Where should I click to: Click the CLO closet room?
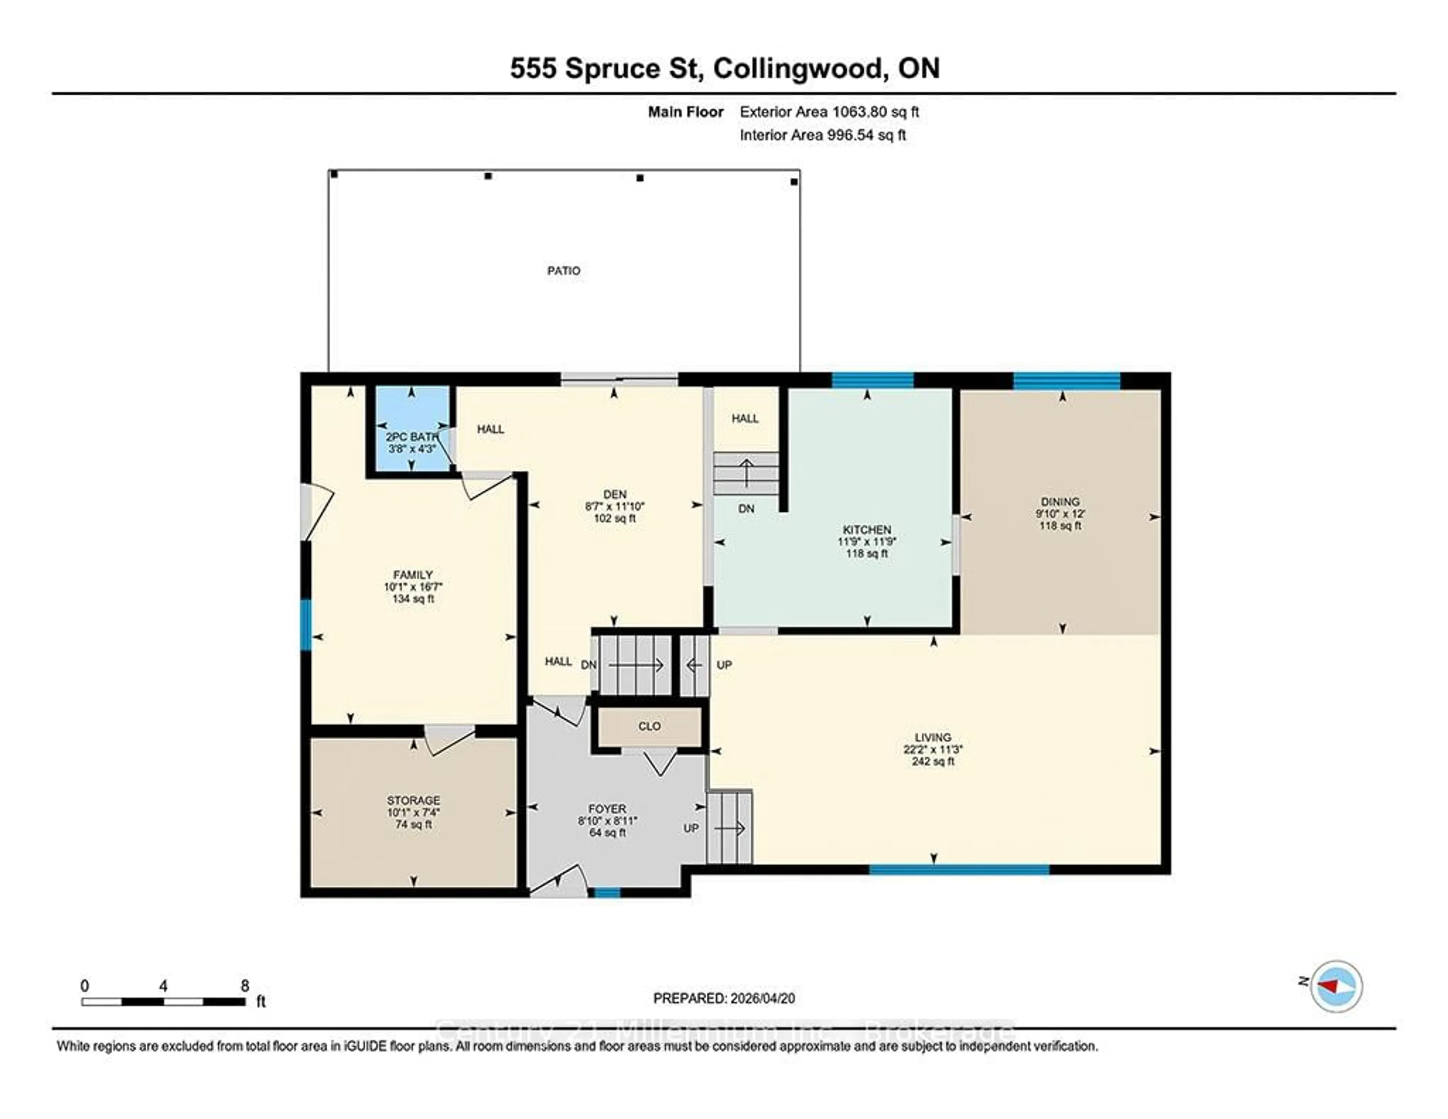click(x=649, y=726)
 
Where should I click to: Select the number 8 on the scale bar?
click(x=245, y=986)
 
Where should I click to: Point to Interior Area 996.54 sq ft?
click(x=822, y=135)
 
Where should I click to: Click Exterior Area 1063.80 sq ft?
click(x=829, y=112)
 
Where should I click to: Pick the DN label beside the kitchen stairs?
click(x=746, y=509)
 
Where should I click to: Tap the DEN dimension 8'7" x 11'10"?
click(x=615, y=506)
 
